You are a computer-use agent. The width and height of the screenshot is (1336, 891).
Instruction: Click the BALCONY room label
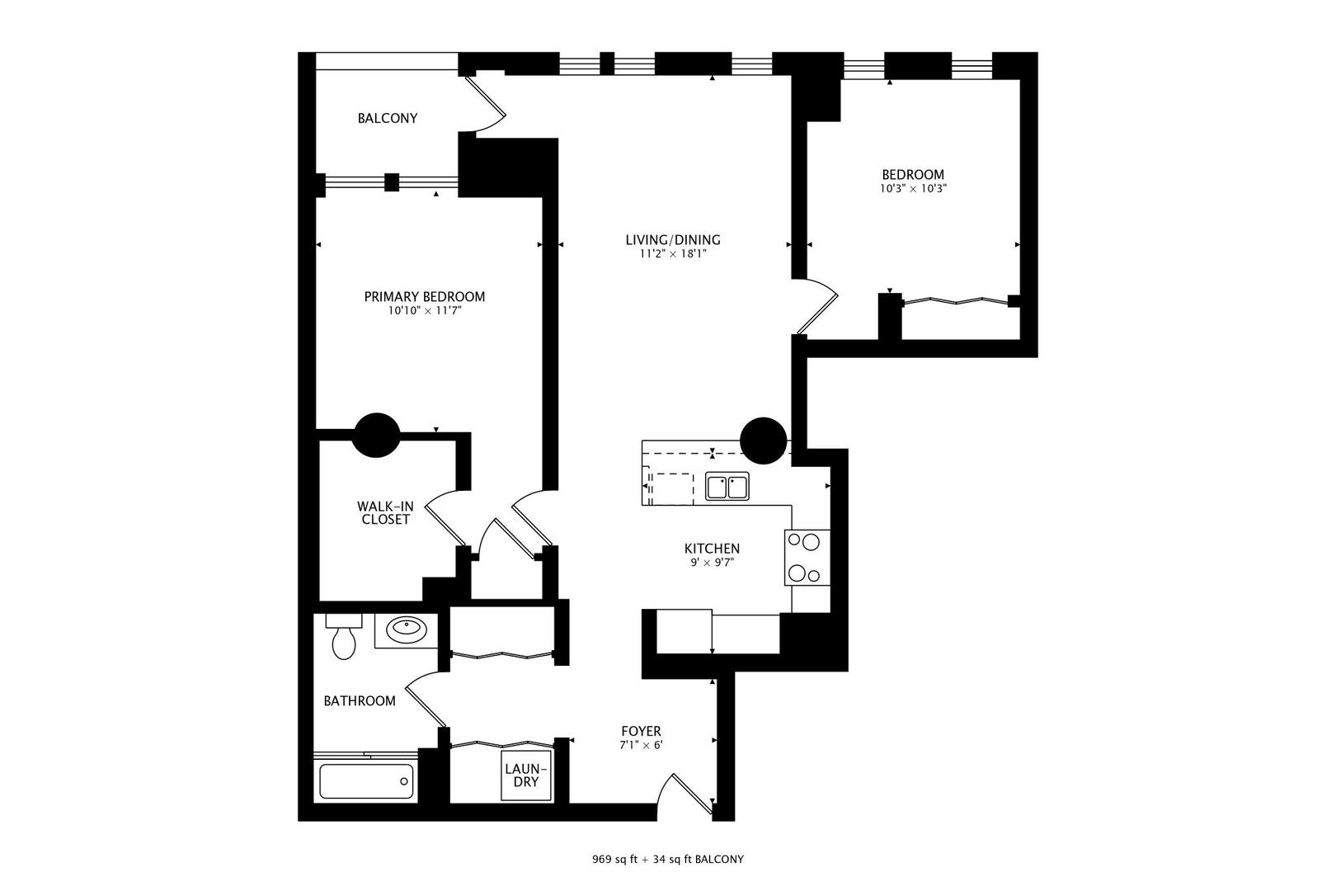(387, 118)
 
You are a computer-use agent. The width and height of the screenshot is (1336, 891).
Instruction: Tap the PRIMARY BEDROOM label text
(425, 296)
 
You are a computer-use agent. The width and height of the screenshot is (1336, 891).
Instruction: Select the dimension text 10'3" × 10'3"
(913, 188)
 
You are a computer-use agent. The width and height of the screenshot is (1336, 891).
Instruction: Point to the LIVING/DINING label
(672, 240)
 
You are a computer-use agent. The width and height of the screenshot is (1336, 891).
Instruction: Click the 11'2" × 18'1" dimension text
(672, 254)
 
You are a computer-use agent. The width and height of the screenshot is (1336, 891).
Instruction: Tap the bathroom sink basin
(407, 630)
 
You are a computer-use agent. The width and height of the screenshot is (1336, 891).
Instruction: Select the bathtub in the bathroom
(366, 780)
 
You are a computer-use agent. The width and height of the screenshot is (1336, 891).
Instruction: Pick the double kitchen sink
(727, 487)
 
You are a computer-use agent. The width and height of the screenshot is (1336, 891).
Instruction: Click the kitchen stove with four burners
(806, 558)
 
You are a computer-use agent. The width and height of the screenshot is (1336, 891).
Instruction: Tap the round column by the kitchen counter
(763, 440)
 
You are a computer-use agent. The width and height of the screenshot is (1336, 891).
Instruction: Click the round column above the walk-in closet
(376, 435)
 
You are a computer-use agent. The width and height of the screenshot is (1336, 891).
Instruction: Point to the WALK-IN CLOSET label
(385, 512)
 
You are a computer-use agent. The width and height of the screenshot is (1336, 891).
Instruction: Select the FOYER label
(641, 731)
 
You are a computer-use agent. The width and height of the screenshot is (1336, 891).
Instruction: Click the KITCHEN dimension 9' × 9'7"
(711, 563)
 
